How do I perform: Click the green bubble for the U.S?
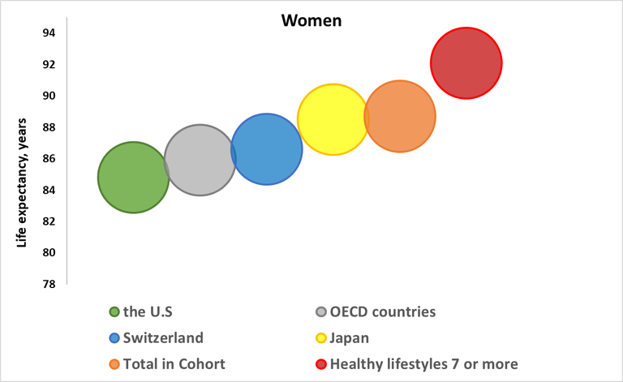133,178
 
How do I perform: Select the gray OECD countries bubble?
200,161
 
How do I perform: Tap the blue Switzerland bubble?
267,149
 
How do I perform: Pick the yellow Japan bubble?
333,120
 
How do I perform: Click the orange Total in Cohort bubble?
400,117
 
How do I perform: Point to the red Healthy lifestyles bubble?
466,63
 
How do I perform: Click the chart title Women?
311,21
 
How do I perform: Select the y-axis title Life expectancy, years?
24,182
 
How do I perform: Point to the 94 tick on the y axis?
49,33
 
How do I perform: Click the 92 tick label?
49,65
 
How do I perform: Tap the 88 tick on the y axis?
49,127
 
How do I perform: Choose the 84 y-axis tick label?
49,190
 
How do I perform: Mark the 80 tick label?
49,252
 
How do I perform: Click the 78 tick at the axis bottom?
49,284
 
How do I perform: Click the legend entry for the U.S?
147,311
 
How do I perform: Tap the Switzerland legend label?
162,337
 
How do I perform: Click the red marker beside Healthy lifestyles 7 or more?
321,364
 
